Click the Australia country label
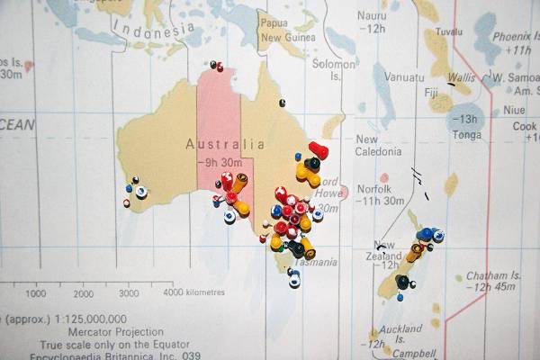coord(225,144)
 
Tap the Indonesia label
coord(153,33)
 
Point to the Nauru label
coord(372,16)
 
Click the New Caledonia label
coord(379,146)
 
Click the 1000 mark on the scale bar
coord(37,293)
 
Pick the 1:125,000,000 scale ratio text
coord(90,319)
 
